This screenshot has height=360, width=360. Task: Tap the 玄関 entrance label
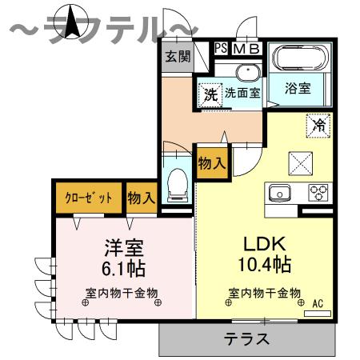point(178,57)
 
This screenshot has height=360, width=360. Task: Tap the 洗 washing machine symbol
point(210,93)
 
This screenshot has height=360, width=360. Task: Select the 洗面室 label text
point(242,93)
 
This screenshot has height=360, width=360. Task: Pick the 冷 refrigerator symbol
point(318,126)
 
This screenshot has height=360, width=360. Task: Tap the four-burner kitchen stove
point(319,193)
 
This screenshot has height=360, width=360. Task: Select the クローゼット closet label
point(88,197)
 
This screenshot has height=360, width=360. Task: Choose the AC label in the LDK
point(317,302)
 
